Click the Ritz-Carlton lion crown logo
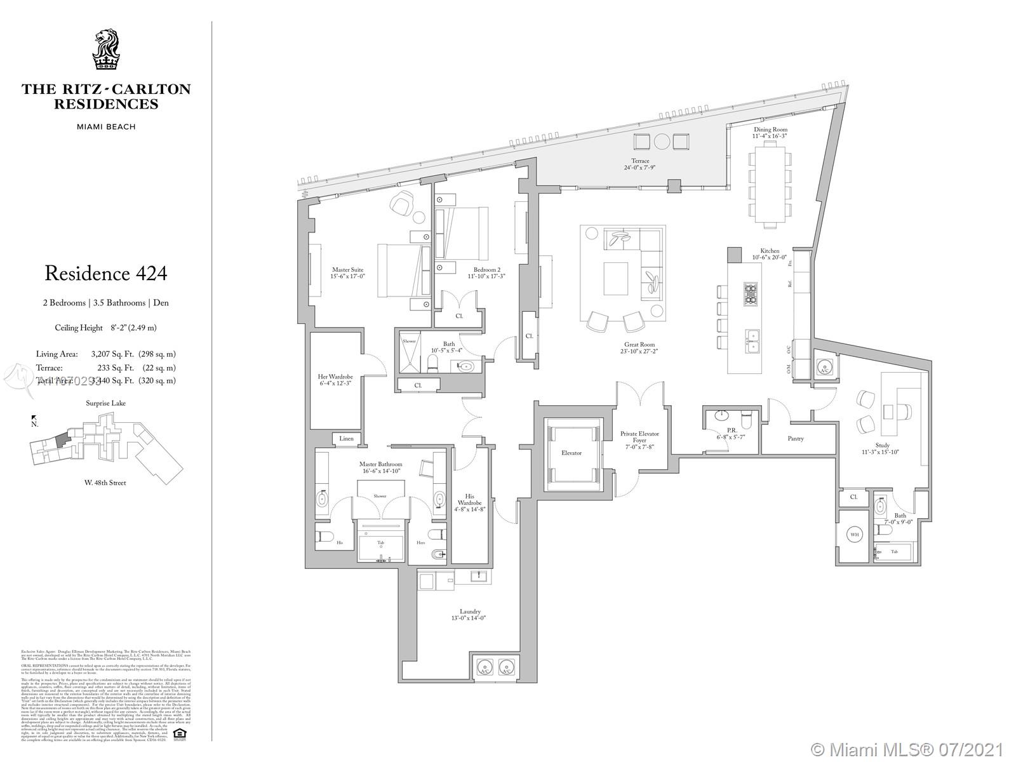[x=106, y=50]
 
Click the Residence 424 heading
[x=106, y=274]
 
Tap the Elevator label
[x=571, y=453]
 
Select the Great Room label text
[x=639, y=345]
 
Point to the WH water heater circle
[x=855, y=535]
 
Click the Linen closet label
[x=347, y=439]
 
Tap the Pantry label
[x=795, y=438]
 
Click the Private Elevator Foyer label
[x=639, y=437]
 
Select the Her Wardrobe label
[x=335, y=377]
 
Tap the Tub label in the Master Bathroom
[x=381, y=542]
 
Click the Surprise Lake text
[x=106, y=403]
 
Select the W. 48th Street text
[x=105, y=483]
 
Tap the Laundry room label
[x=471, y=612]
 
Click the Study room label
[x=882, y=445]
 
